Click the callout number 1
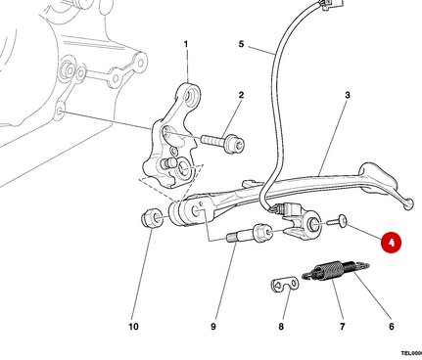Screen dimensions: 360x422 [186, 45]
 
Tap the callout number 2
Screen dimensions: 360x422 [241, 96]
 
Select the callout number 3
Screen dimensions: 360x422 [348, 96]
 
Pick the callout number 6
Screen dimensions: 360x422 [392, 326]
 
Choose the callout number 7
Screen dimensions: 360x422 [342, 326]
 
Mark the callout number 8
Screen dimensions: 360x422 [281, 326]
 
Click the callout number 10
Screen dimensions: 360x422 [133, 326]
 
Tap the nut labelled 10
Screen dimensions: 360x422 [153, 217]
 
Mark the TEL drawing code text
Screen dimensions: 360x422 [409, 352]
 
